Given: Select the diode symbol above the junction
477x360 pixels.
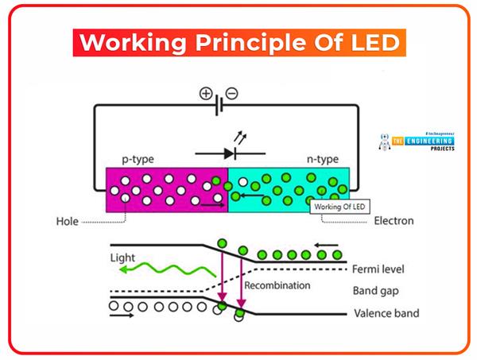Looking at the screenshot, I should (228, 152).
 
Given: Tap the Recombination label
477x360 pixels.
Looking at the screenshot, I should (277, 285).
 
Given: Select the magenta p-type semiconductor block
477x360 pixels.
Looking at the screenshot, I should (159, 191).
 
